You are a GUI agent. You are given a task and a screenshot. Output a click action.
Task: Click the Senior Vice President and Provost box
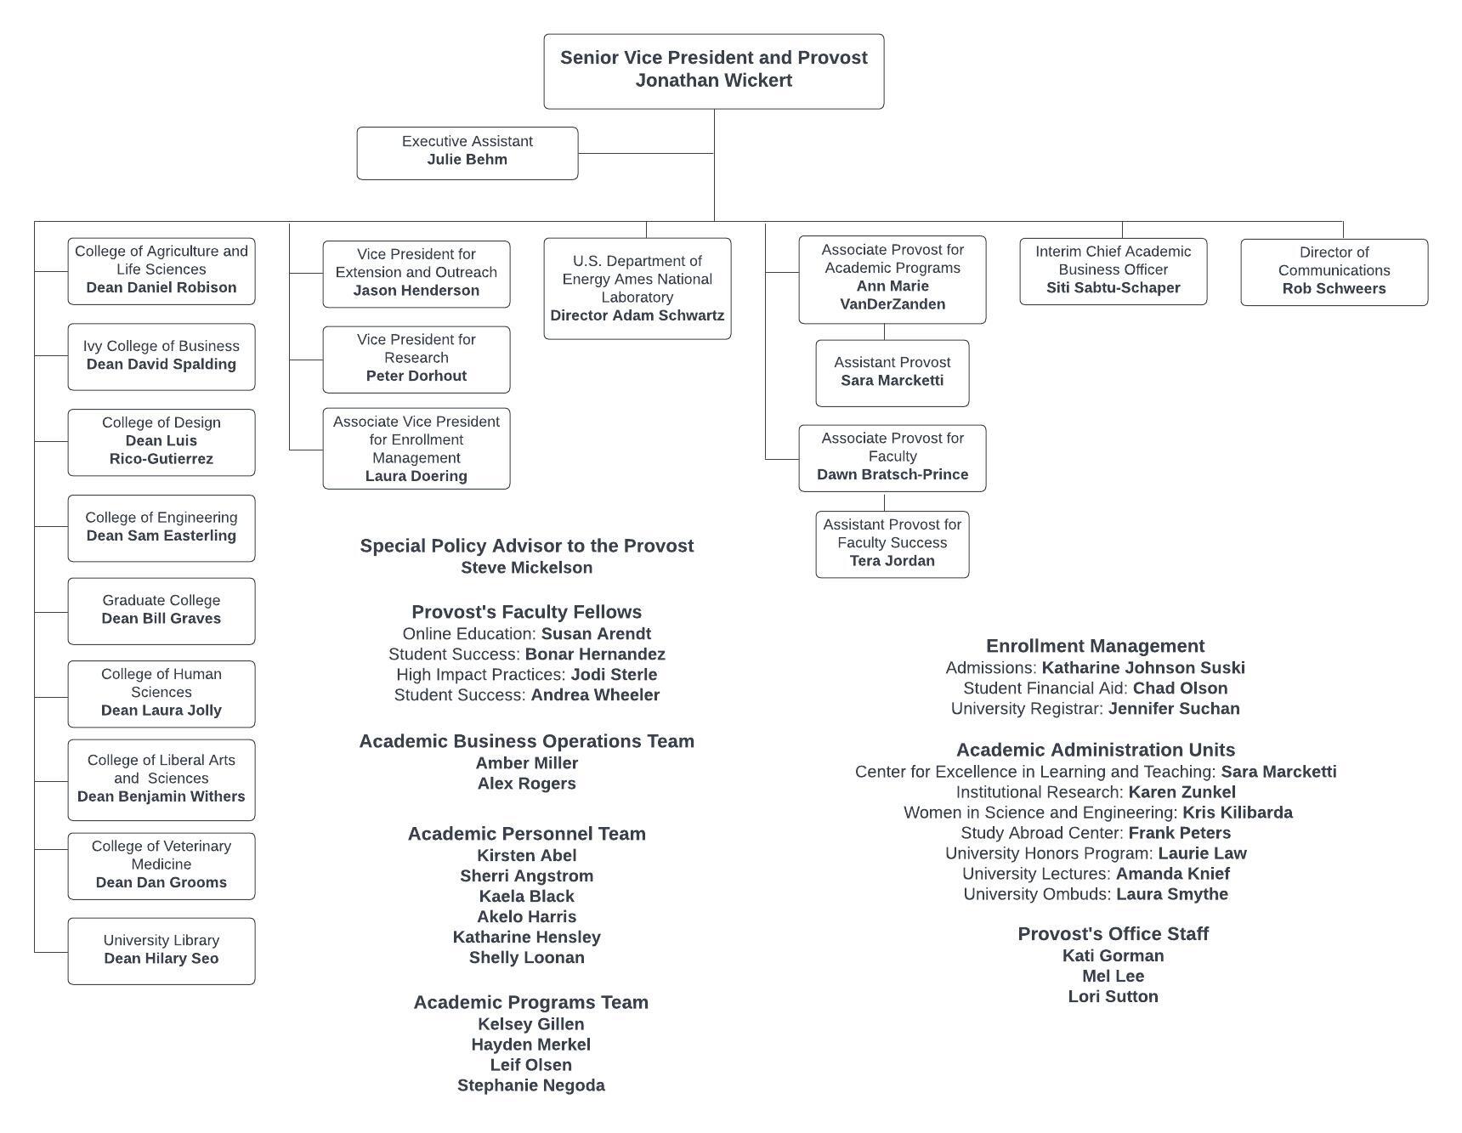point(714,71)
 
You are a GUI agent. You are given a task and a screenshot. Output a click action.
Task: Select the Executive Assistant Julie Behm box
point(467,153)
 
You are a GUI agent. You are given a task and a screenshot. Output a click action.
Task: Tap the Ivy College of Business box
point(161,357)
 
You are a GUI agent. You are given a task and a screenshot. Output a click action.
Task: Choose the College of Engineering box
point(161,528)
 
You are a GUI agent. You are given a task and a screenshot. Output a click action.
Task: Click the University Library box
point(161,951)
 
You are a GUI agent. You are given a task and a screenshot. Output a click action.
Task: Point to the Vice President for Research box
point(416,360)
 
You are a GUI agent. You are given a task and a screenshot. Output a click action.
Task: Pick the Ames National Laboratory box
point(637,288)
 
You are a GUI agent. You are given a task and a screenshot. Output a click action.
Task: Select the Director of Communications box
point(1334,272)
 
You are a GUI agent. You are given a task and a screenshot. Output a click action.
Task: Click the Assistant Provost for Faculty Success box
point(892,544)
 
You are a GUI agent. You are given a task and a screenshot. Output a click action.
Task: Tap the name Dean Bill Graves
point(161,619)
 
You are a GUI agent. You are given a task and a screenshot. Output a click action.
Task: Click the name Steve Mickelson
point(527,568)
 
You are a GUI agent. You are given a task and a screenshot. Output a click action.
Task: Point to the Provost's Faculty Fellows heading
point(527,612)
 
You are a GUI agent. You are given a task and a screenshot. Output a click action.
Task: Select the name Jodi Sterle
point(614,675)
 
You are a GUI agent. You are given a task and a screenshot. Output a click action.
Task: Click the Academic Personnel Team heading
point(527,834)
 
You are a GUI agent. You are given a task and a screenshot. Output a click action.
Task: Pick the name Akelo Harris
point(527,917)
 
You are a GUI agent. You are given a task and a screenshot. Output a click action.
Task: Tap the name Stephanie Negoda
point(531,1085)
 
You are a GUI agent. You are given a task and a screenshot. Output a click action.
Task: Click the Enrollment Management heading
point(1096,646)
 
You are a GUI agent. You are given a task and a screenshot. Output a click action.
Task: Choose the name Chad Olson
point(1181,688)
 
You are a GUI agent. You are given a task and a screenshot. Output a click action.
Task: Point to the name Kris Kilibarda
point(1238,813)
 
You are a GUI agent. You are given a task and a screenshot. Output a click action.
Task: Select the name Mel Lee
point(1113,977)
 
